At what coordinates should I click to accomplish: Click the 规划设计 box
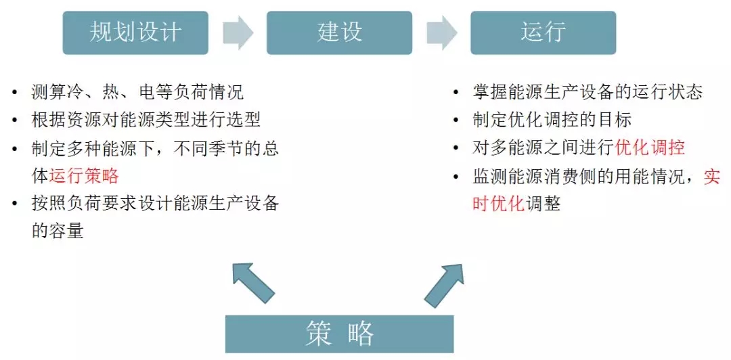pos(135,32)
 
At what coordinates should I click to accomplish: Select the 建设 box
pos(339,32)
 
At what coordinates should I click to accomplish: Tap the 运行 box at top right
pos(543,32)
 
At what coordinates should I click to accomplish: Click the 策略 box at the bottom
pos(339,333)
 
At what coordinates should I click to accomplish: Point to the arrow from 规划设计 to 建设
pos(238,32)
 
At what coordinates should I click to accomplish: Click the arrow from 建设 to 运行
pos(441,32)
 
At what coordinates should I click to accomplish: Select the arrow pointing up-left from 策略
pos(252,282)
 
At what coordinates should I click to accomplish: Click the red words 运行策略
pos(84,176)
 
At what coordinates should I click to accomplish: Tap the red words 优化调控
pos(650,148)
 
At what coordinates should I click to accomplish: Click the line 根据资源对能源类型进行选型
pos(146,120)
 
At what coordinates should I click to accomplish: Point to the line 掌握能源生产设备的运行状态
pos(588,92)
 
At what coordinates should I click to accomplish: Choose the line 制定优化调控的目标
pos(552,120)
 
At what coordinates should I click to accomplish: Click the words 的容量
pos(58,231)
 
